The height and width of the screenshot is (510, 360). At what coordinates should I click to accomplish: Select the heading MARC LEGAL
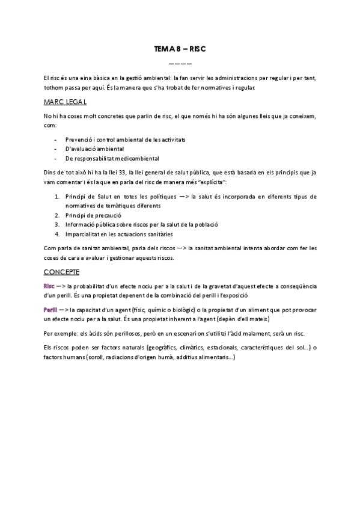point(66,102)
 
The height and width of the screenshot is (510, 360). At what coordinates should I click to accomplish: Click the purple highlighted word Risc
point(50,286)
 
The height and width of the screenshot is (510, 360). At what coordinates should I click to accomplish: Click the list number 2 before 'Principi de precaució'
point(56,215)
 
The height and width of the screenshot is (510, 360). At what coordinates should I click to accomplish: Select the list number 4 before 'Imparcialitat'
point(56,234)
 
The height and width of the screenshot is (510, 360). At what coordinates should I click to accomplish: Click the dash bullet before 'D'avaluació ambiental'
point(56,149)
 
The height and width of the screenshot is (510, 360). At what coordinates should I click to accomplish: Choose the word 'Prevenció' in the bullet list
point(79,140)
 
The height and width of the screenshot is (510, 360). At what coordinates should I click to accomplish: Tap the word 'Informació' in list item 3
point(81,224)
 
